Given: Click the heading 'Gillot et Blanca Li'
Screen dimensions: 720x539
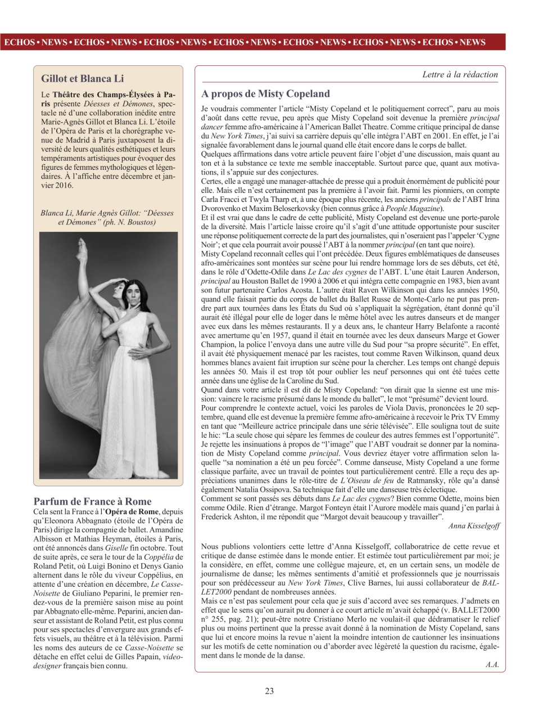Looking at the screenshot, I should pyautogui.click(x=82, y=78).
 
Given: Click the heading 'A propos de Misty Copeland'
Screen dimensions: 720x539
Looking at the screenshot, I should pyautogui.click(x=265, y=93).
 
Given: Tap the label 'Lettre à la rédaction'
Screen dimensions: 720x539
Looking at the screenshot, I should pyautogui.click(x=460, y=74).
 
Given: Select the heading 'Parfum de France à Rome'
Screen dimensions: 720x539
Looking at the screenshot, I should pyautogui.click(x=92, y=501).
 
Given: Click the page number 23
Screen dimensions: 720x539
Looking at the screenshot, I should pyautogui.click(x=269, y=691).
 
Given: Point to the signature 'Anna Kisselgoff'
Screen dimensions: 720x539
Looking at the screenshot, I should pyautogui.click(x=473, y=526).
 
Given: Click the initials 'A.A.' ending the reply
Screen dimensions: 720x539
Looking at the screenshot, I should pyautogui.click(x=492, y=664).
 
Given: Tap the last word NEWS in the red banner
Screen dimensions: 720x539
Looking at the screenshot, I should pyautogui.click(x=472, y=42).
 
